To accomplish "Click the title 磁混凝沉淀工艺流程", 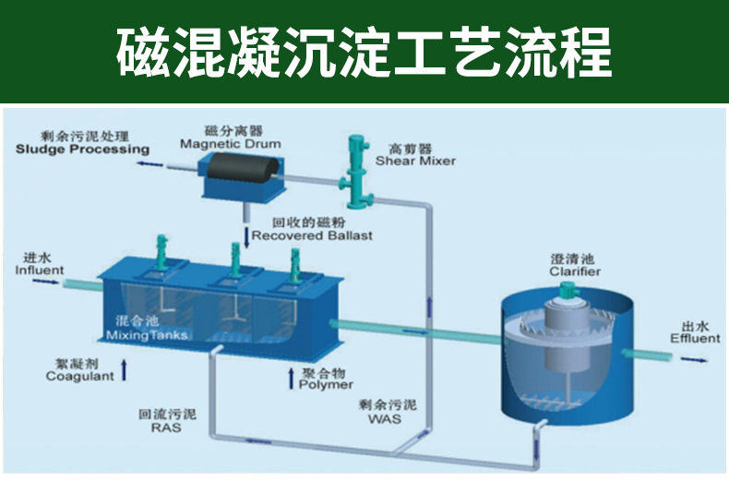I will (364, 53).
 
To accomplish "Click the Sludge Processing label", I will (82, 150).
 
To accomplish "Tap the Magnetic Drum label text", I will (230, 144).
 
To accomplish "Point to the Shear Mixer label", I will (415, 161).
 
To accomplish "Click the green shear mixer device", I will (354, 172).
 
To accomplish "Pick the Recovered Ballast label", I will (312, 235).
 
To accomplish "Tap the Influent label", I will (40, 271).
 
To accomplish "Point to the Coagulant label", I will (80, 376).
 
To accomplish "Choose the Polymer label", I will (326, 383).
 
